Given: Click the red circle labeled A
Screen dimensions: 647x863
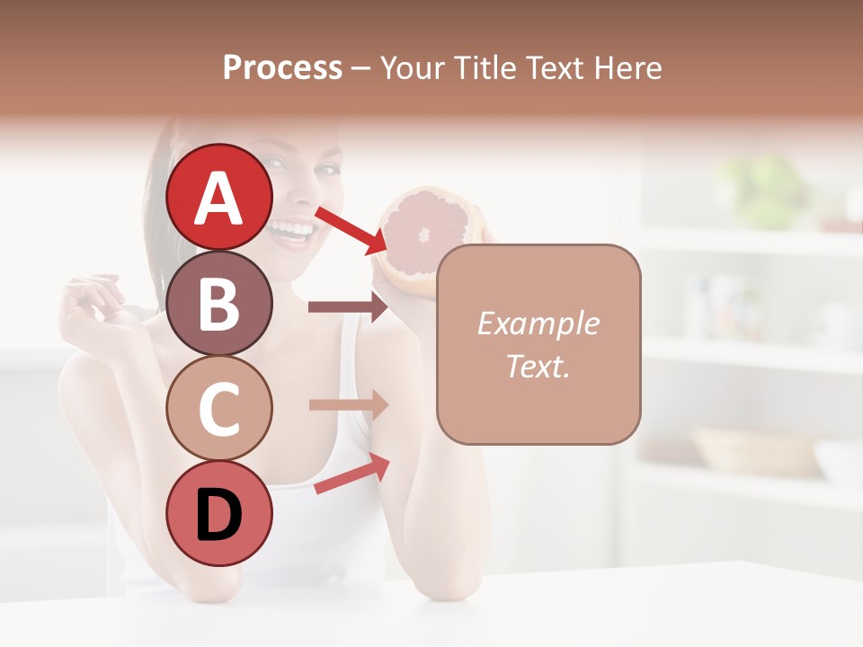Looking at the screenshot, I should coord(219,197).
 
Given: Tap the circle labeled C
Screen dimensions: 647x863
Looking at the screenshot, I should coord(219,408).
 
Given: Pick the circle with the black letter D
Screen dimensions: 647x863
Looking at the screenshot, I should coord(219,513).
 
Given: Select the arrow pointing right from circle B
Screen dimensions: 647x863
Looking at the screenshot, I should coord(348,307).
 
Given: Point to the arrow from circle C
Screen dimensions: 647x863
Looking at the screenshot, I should coord(348,404).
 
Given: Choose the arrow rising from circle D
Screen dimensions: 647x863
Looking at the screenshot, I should coord(351,474).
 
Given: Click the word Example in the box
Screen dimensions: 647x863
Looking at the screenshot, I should coord(538,323).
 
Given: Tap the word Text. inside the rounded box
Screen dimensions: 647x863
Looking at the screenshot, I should coord(538,366).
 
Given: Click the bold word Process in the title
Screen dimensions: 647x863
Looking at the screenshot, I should coord(282,67).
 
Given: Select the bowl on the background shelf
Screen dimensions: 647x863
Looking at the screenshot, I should coord(755,449).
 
